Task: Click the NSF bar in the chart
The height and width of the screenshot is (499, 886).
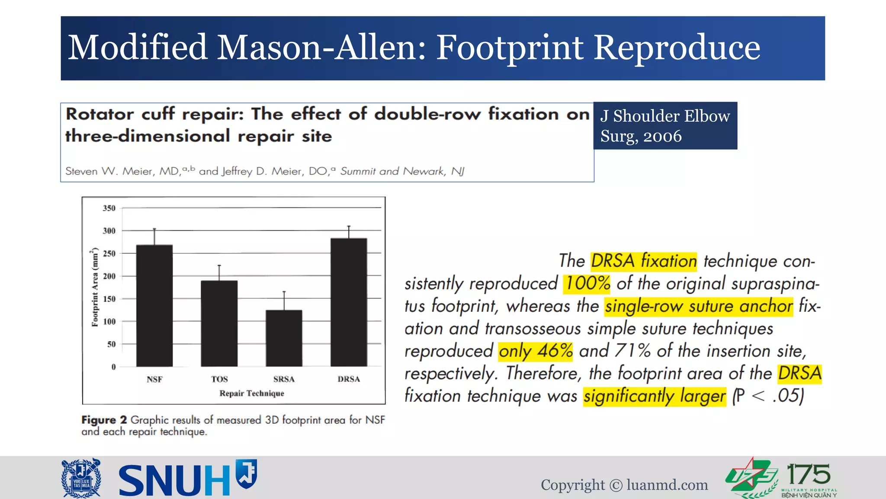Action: click(x=154, y=305)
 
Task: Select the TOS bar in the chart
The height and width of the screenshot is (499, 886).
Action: click(x=219, y=323)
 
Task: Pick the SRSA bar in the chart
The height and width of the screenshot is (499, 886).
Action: click(x=284, y=338)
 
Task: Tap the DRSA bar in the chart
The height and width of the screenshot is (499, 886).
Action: click(x=349, y=302)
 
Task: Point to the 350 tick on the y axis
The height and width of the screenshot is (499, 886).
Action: click(x=109, y=208)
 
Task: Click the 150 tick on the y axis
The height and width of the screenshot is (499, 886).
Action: click(x=109, y=299)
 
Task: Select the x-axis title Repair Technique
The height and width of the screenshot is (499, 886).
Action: click(x=252, y=393)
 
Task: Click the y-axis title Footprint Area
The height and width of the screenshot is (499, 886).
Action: click(x=95, y=287)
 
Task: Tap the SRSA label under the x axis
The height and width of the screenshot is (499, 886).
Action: click(x=284, y=379)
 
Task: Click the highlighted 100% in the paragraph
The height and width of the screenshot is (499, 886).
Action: click(x=587, y=283)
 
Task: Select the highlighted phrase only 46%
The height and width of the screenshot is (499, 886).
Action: click(x=536, y=351)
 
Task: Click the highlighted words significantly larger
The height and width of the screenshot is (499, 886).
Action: click(x=655, y=396)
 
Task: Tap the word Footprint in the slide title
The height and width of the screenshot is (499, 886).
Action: click(x=510, y=48)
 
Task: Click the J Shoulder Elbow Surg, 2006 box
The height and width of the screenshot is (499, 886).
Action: click(x=665, y=126)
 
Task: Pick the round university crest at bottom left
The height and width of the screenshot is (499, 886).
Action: click(x=81, y=478)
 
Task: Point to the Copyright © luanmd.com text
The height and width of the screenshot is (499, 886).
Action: click(x=624, y=485)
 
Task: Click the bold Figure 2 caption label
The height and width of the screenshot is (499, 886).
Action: click(x=104, y=420)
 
